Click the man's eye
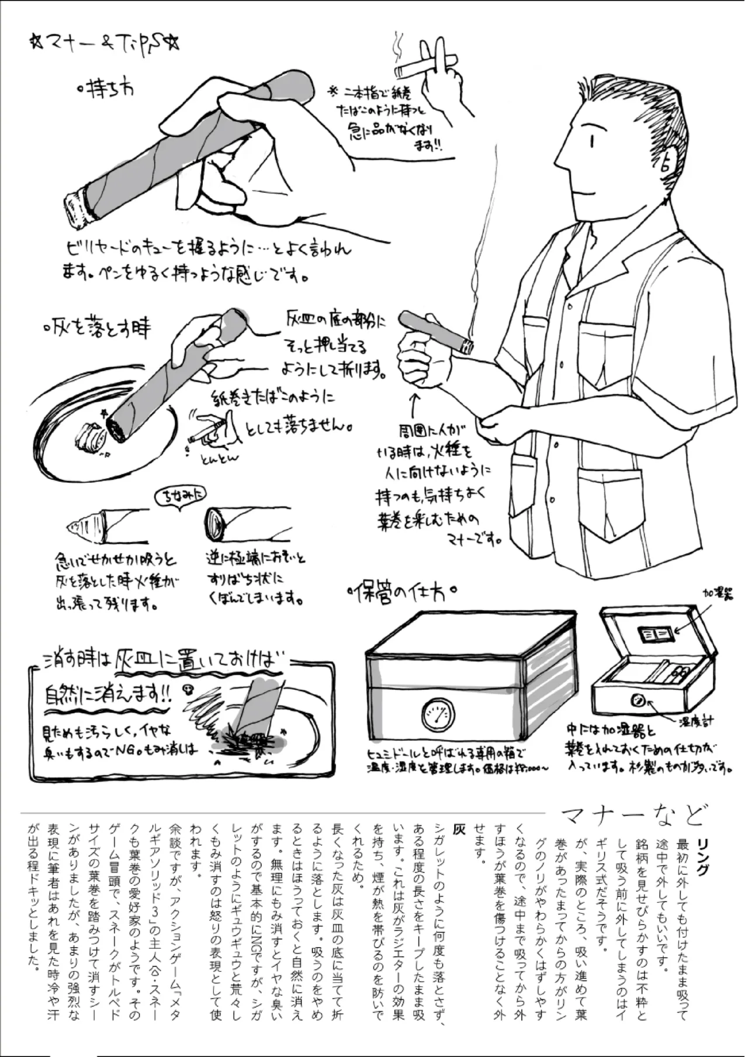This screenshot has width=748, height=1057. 592,141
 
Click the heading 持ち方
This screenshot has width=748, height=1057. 105,89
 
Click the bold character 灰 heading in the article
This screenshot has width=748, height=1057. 460,830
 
